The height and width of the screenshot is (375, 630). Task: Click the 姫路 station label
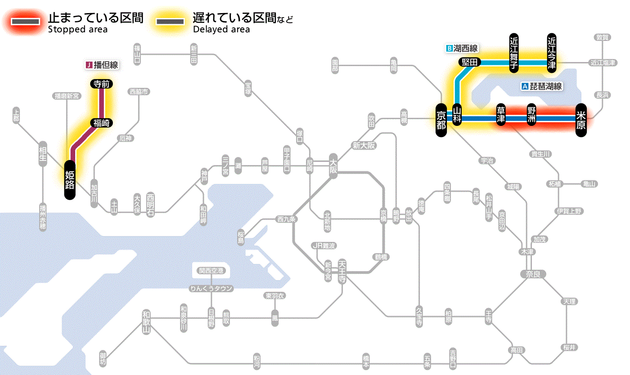(70, 179)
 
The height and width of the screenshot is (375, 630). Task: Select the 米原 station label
(581, 119)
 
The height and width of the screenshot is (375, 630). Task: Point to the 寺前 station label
(102, 84)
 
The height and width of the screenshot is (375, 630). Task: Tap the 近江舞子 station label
(514, 52)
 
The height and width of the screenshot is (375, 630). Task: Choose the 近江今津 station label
(552, 52)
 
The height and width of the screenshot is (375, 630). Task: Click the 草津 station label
(501, 115)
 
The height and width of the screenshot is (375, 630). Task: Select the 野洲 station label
(532, 115)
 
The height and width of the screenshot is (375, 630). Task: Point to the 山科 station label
(457, 115)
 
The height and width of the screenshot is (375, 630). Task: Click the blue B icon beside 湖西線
(449, 48)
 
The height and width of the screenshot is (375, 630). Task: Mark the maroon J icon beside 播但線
(89, 65)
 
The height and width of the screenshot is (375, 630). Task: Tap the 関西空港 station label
(211, 271)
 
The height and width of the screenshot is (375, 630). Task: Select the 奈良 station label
(532, 273)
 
